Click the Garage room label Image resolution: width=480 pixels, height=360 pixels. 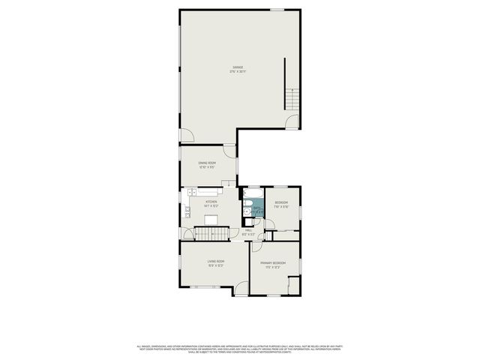point(238,67)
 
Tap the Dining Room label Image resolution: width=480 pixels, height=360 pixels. point(207,163)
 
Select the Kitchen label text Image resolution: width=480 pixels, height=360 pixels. point(211,202)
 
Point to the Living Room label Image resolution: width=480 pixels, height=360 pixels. point(216,261)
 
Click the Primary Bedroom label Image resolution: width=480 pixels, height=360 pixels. point(273,263)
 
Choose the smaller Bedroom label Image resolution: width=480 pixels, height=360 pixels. point(281,202)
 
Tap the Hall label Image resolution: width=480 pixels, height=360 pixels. point(248,230)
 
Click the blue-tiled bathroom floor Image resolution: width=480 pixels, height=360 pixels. point(257,211)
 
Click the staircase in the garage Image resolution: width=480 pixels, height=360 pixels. point(292,97)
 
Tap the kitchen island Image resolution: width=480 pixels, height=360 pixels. point(212,220)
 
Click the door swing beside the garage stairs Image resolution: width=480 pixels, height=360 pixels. point(292,121)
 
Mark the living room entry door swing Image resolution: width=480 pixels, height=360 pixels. point(239,287)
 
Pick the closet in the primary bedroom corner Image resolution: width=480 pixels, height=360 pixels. point(294,286)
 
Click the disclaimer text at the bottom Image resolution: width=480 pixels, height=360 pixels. point(239,349)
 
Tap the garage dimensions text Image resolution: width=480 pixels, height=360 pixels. point(238,72)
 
